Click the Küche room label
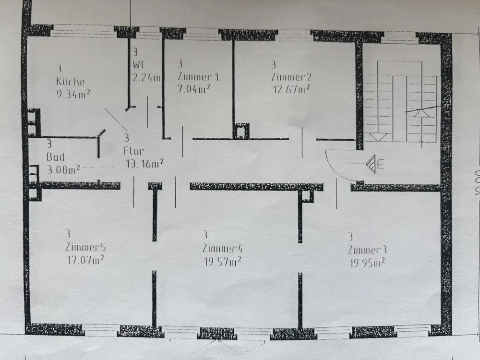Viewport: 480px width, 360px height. click(x=71, y=82)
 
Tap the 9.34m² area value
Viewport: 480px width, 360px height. click(x=74, y=94)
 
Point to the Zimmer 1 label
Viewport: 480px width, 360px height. click(x=198, y=76)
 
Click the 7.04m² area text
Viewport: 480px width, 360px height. click(x=193, y=88)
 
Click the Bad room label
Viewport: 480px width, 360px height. click(x=55, y=157)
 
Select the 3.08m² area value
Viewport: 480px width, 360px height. click(x=63, y=169)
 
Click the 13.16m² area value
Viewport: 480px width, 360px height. click(x=144, y=164)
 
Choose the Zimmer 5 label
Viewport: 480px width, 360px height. click(x=85, y=248)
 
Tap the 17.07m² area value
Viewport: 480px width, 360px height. click(x=86, y=260)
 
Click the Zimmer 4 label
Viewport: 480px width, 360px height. click(x=222, y=249)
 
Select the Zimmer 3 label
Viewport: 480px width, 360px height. click(x=367, y=250)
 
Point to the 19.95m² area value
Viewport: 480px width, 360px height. click(x=366, y=262)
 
